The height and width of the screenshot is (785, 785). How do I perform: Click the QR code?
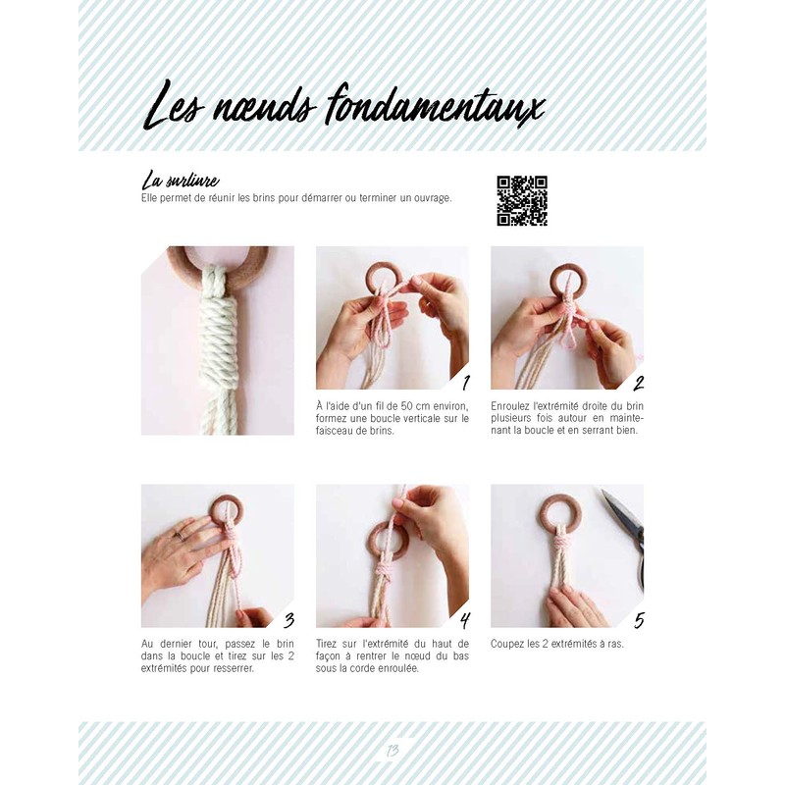point(521,200)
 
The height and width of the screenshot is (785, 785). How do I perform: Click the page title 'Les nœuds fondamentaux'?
point(343,106)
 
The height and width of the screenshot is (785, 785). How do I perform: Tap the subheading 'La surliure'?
point(180,181)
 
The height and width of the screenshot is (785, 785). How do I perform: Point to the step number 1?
point(465,383)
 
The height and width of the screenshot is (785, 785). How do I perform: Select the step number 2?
point(639,383)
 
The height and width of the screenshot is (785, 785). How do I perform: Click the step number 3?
point(288,620)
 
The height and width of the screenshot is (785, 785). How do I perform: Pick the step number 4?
point(464,620)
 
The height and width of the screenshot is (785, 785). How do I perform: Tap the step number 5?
point(639,620)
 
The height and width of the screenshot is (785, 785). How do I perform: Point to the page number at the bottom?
point(392,752)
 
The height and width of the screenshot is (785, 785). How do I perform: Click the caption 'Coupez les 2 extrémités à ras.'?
point(556,644)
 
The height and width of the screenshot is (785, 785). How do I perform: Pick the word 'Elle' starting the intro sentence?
point(150,198)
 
